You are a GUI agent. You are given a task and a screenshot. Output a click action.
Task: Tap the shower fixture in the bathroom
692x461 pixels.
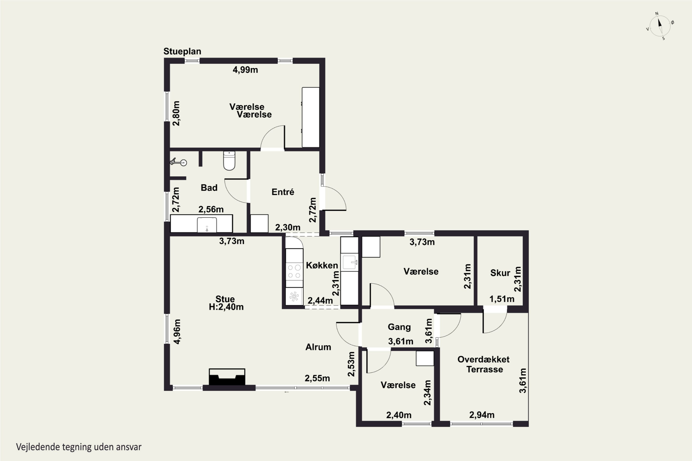pyautogui.click(x=178, y=162)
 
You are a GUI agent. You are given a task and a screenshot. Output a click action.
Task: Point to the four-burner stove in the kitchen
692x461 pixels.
pyautogui.click(x=294, y=271)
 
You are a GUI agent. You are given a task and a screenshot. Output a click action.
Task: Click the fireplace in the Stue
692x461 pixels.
pyautogui.click(x=227, y=377)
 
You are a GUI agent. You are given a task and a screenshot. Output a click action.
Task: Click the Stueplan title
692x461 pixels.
pyautogui.click(x=182, y=51)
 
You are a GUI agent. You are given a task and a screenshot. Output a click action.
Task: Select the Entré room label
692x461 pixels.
pyautogui.click(x=283, y=192)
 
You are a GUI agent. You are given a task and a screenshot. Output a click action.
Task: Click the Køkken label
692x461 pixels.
pyautogui.click(x=322, y=265)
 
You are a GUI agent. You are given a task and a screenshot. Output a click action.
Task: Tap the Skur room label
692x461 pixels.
pyautogui.click(x=500, y=273)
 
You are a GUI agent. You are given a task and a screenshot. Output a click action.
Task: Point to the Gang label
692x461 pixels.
pyautogui.click(x=399, y=327)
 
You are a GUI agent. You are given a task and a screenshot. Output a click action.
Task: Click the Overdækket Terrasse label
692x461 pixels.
pyautogui.click(x=484, y=364)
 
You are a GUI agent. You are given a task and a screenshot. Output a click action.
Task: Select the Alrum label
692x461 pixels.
pyautogui.click(x=318, y=347)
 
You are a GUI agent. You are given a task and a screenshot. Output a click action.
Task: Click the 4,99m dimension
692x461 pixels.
pyautogui.click(x=245, y=70)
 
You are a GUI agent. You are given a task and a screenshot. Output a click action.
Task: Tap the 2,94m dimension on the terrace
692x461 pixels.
pyautogui.click(x=482, y=415)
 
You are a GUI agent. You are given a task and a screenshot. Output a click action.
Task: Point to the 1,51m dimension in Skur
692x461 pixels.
pyautogui.click(x=502, y=299)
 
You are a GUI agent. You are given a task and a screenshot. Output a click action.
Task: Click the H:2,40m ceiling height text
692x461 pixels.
pyautogui.click(x=226, y=307)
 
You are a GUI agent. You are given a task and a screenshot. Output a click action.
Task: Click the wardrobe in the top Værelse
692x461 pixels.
pyautogui.click(x=311, y=117)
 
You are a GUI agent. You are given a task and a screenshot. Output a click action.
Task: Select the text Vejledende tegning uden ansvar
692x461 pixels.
pyautogui.click(x=79, y=447)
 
